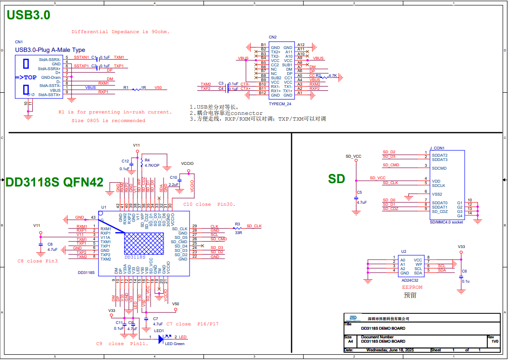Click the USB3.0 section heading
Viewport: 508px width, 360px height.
[28, 15]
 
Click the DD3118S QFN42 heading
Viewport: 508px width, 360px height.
[54, 182]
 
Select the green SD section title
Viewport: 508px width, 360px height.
[337, 179]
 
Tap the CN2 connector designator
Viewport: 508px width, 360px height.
[272, 37]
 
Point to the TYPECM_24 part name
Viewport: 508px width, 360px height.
[280, 104]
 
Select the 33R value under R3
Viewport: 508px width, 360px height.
[238, 233]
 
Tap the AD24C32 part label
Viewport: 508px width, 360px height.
[410, 280]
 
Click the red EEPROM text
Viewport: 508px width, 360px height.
[412, 287]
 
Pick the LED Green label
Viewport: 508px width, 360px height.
[175, 344]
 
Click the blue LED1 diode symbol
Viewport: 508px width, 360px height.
[160, 338]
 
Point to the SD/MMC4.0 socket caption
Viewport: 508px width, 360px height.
[446, 222]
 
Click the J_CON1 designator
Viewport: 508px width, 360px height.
[437, 148]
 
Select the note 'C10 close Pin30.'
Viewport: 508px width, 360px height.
[209, 204]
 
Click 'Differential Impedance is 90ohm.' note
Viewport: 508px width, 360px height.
[120, 32]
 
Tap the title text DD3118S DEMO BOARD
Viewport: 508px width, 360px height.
[383, 329]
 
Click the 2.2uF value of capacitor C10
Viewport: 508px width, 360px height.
[174, 184]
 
